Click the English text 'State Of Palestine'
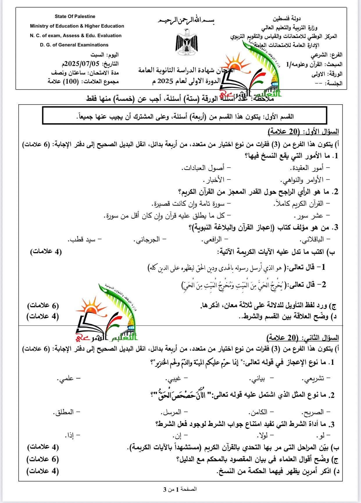point(75,17)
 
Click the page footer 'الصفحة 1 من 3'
point(180,489)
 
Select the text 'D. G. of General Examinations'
point(74,45)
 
